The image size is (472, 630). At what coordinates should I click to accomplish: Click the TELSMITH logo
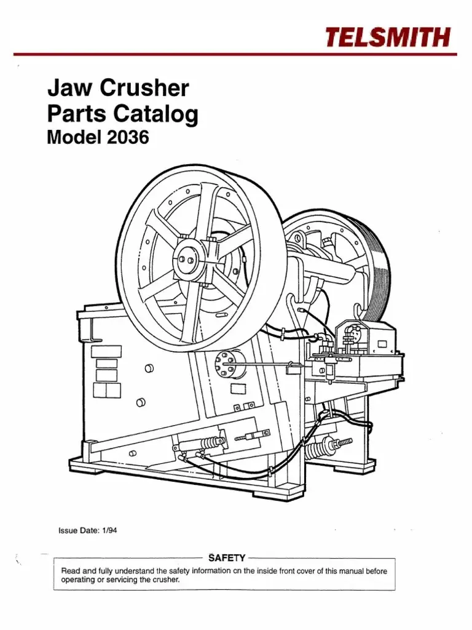(388, 37)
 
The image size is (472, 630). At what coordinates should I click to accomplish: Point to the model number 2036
(128, 138)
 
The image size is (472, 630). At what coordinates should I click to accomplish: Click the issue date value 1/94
(109, 530)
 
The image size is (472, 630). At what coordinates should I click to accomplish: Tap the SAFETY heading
(227, 557)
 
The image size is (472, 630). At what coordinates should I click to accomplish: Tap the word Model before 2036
(74, 138)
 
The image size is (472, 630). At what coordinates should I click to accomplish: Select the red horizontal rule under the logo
(235, 54)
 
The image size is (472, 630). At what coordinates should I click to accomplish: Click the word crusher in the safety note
(165, 580)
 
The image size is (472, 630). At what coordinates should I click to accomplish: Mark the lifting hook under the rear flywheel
(357, 311)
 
